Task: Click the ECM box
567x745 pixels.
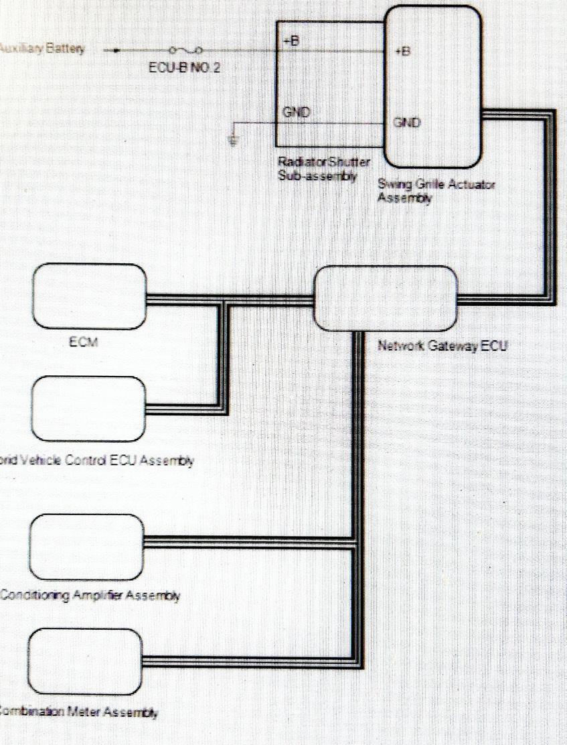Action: [90, 296]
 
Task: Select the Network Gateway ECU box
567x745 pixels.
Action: [386, 298]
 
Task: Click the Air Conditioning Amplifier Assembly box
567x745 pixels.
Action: [86, 546]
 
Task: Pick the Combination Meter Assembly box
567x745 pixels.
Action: [86, 661]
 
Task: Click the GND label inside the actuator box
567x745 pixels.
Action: [406, 123]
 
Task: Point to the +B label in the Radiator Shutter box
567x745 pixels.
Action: [291, 41]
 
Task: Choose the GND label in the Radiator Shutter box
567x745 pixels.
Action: [296, 113]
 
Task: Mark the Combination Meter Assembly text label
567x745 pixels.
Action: [79, 713]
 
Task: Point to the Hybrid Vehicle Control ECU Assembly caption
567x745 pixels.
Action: [97, 461]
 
